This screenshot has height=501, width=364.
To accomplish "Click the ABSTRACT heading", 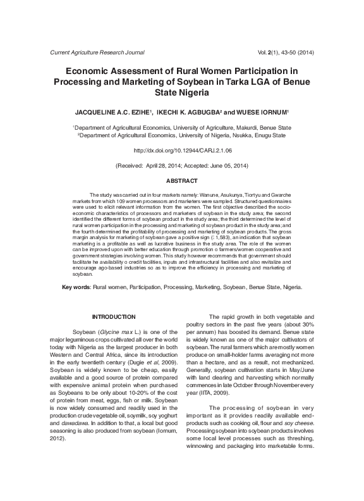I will point(182,180).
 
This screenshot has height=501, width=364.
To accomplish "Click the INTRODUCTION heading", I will point(114,316).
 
